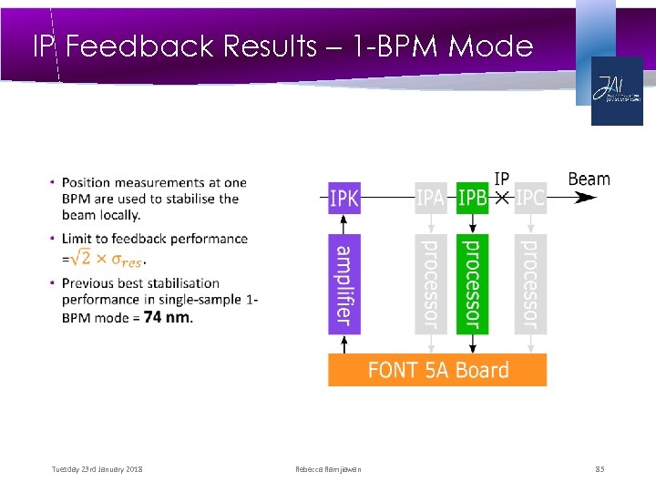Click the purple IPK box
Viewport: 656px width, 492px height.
pos(343,197)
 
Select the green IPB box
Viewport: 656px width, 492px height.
pos(472,197)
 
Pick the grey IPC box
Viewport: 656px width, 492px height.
pos(529,197)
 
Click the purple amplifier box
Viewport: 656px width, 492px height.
pos(343,283)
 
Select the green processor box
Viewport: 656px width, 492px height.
pos(472,283)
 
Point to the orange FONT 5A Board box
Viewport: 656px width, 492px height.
pos(437,370)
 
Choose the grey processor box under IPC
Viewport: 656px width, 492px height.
pos(529,283)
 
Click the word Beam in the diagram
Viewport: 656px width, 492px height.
pos(589,179)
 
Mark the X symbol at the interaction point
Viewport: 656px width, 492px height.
pos(501,197)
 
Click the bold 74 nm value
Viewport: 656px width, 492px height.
pos(168,316)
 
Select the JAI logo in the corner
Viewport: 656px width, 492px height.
pos(616,90)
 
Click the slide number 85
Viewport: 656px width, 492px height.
pos(600,469)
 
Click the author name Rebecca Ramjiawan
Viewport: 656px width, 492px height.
pos(328,469)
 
